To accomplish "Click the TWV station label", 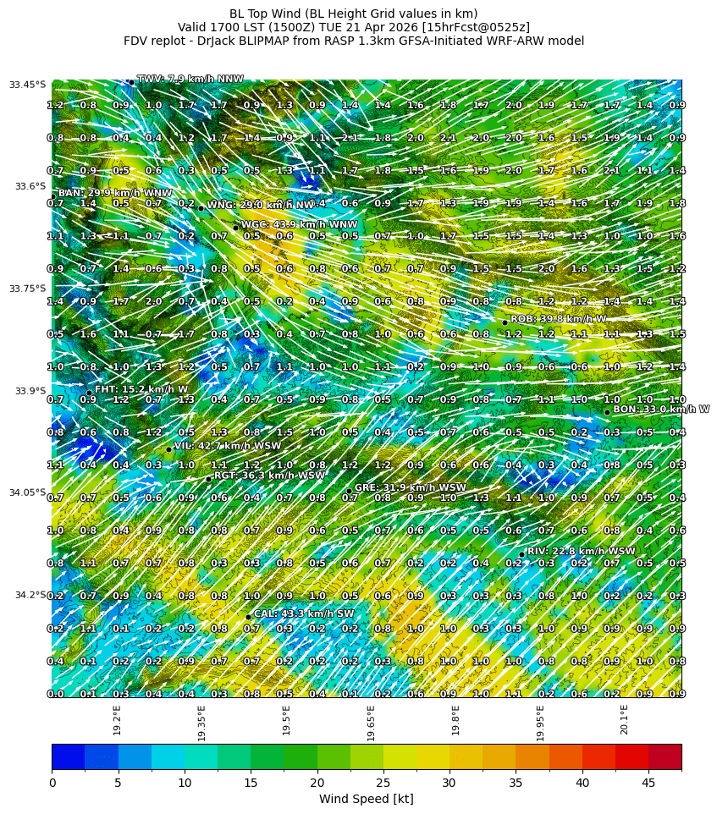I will pyautogui.click(x=190, y=79).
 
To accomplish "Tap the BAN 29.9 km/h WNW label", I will pyautogui.click(x=114, y=193).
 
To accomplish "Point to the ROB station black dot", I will pyautogui.click(x=505, y=322).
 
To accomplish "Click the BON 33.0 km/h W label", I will pyautogui.click(x=661, y=409).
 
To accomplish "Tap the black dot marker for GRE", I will pyautogui.click(x=348, y=491).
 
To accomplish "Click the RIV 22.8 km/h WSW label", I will pyautogui.click(x=581, y=551).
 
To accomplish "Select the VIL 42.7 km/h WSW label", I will pyautogui.click(x=227, y=445).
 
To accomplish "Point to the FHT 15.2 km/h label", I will pyautogui.click(x=141, y=389).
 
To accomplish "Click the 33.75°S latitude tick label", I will pyautogui.click(x=27, y=289).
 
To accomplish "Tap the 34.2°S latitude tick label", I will pyautogui.click(x=30, y=595).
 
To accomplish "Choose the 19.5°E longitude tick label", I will pyautogui.click(x=287, y=719).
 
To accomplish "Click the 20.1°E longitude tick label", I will pyautogui.click(x=624, y=719).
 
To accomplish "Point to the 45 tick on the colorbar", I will pyautogui.click(x=648, y=784).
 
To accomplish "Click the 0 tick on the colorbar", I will pyautogui.click(x=52, y=784).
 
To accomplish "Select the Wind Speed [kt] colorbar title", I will pyautogui.click(x=366, y=799).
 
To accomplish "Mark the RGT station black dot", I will pyautogui.click(x=208, y=479).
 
